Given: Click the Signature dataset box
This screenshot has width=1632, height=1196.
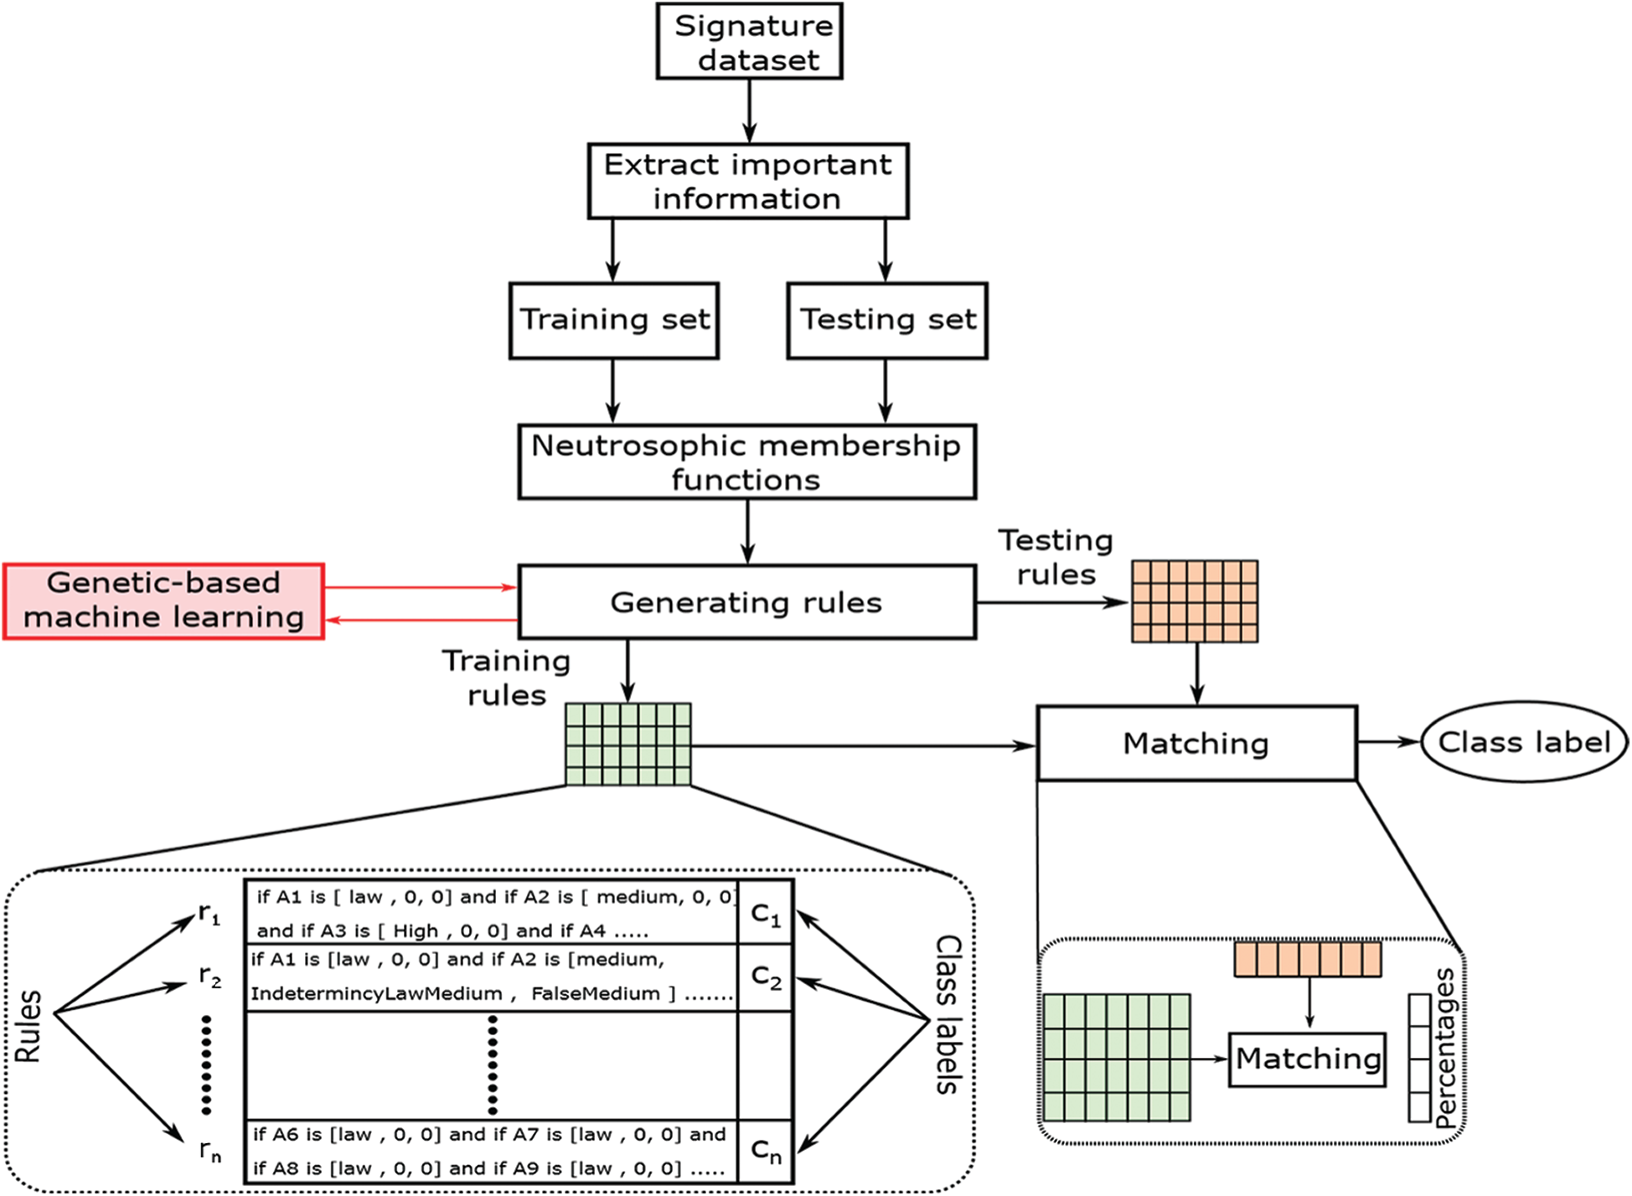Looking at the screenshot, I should click(x=749, y=42).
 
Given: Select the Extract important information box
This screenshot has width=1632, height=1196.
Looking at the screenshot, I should click(x=747, y=182).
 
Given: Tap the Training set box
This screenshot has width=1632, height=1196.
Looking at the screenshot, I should click(x=614, y=321).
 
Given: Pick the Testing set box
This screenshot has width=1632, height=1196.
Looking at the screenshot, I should click(x=887, y=321).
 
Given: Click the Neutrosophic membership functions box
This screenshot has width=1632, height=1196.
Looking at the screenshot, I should click(x=746, y=462).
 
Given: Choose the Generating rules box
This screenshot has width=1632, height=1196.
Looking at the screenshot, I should click(x=746, y=603).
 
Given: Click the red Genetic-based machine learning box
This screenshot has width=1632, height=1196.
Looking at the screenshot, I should click(x=163, y=601).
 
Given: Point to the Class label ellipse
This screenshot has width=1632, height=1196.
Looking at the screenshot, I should click(x=1524, y=742).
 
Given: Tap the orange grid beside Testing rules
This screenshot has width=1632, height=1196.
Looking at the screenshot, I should click(x=1195, y=601).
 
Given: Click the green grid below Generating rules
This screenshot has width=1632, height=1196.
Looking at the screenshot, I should click(x=628, y=745).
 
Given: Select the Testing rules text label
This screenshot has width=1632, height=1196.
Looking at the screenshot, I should click(x=1056, y=558).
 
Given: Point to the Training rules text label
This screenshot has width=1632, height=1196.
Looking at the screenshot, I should click(x=507, y=678).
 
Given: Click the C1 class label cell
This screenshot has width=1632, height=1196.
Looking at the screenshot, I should click(x=766, y=914).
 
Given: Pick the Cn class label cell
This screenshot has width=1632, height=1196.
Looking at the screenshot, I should click(x=766, y=1152).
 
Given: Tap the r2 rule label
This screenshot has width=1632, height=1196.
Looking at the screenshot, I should click(x=209, y=976).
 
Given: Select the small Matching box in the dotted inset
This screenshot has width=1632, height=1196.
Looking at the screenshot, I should click(x=1307, y=1059).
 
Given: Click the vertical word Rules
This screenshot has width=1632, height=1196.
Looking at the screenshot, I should click(x=28, y=1027).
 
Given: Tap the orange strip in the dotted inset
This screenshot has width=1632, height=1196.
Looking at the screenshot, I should click(x=1308, y=960).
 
